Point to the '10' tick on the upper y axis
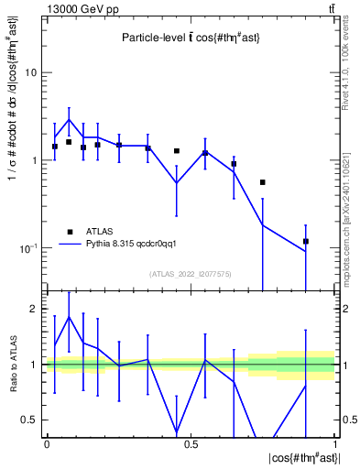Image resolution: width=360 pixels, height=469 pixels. tap(34, 71)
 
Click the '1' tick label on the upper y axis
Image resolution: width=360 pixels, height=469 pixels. tap(37, 160)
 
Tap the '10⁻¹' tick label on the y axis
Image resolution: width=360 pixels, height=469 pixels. tap(32, 248)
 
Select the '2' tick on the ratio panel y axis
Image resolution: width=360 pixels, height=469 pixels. tap(37, 310)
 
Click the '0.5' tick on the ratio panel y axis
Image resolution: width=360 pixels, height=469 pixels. tap(33, 420)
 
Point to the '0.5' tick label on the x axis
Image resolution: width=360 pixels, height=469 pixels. tap(191, 443)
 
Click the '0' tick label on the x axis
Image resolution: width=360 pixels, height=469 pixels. tap(47, 443)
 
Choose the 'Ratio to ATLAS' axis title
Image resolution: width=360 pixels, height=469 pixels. tap(12, 365)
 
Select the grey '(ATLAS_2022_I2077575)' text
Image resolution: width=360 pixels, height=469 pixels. tap(191, 274)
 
